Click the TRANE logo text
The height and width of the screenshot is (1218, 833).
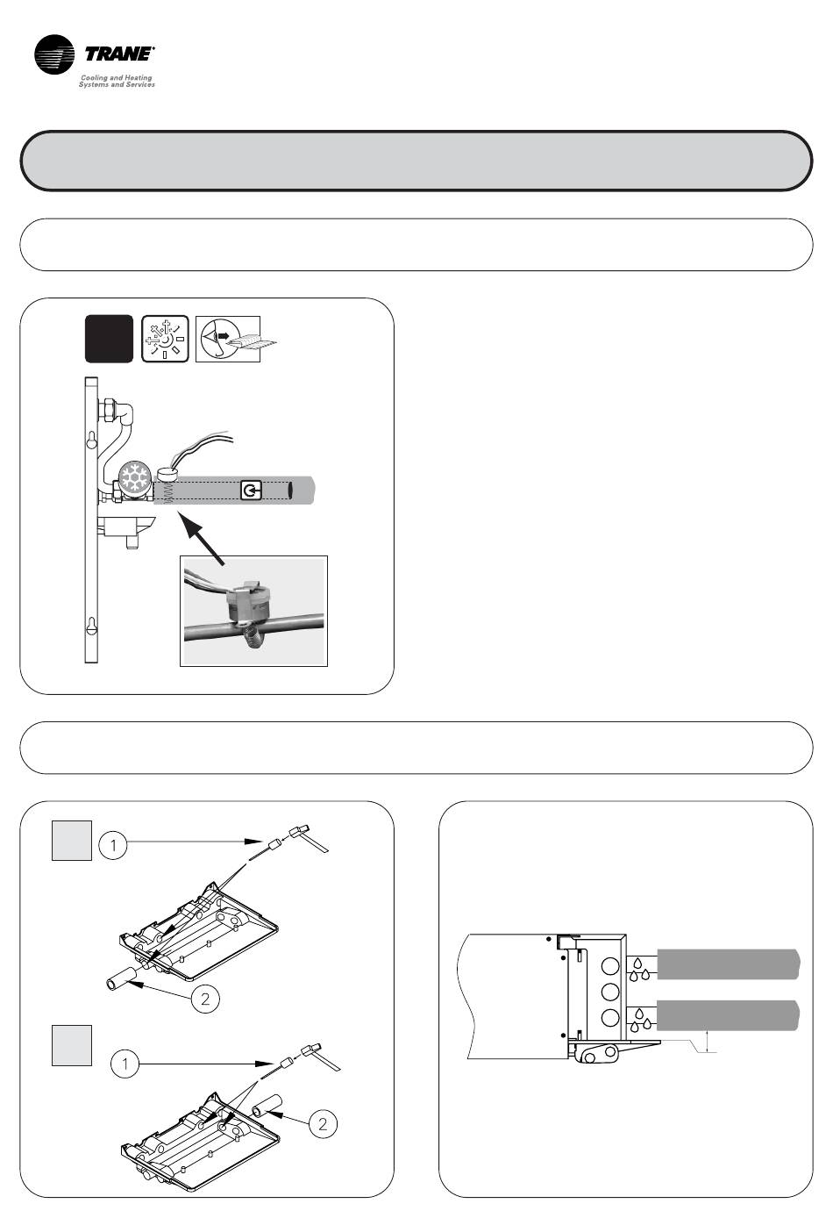(x=119, y=54)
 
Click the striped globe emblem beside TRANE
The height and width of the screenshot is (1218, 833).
(x=54, y=54)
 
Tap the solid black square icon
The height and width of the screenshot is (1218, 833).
(x=109, y=339)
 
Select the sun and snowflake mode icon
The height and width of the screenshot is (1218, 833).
(x=165, y=339)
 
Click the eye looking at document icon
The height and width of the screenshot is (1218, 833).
(x=228, y=339)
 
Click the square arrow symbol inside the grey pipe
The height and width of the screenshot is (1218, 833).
(x=251, y=491)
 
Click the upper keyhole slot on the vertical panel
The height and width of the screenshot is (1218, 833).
(x=91, y=439)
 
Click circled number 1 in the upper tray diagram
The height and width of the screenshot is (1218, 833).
(x=113, y=846)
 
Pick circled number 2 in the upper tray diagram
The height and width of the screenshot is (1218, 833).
(x=205, y=999)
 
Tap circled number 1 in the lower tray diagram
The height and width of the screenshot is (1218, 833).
(x=125, y=1064)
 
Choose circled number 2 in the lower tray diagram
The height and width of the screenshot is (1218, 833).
(x=323, y=1124)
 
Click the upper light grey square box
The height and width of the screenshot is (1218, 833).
(x=72, y=841)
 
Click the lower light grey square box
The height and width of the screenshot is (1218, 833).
(x=72, y=1046)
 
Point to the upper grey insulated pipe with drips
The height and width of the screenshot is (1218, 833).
(x=728, y=964)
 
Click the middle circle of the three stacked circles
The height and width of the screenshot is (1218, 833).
(x=610, y=992)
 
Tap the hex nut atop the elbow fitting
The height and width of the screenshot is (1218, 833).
(x=106, y=409)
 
